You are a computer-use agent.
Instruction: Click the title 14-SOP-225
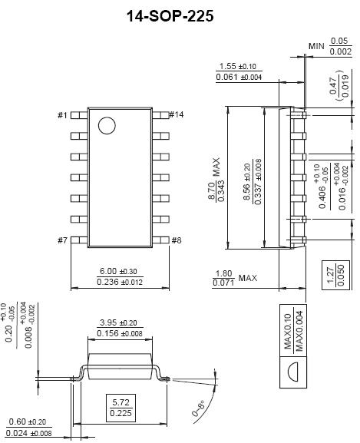click(x=170, y=16)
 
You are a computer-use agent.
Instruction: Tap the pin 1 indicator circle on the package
click(x=107, y=125)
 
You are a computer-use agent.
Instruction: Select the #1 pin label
click(x=62, y=115)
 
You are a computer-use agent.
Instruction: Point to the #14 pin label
click(x=177, y=114)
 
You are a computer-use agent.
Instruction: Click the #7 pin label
click(x=63, y=240)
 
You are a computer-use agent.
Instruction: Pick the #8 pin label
click(x=177, y=240)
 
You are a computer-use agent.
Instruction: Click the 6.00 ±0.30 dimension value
click(x=118, y=271)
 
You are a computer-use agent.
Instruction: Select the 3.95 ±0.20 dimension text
click(x=118, y=322)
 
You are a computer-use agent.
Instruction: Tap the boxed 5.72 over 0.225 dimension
click(x=121, y=408)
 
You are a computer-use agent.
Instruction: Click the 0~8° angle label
click(x=199, y=408)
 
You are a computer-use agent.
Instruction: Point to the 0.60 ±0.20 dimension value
click(x=28, y=422)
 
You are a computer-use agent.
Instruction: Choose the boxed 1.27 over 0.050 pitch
click(x=335, y=275)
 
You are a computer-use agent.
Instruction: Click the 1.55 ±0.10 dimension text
click(x=238, y=66)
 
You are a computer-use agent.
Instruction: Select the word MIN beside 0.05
click(x=316, y=46)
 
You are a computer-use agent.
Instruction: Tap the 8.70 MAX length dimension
click(x=216, y=180)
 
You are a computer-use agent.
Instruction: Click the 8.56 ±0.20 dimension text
click(x=246, y=182)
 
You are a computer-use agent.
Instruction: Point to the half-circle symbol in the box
click(x=293, y=372)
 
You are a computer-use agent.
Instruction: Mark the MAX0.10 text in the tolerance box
click(x=287, y=331)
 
